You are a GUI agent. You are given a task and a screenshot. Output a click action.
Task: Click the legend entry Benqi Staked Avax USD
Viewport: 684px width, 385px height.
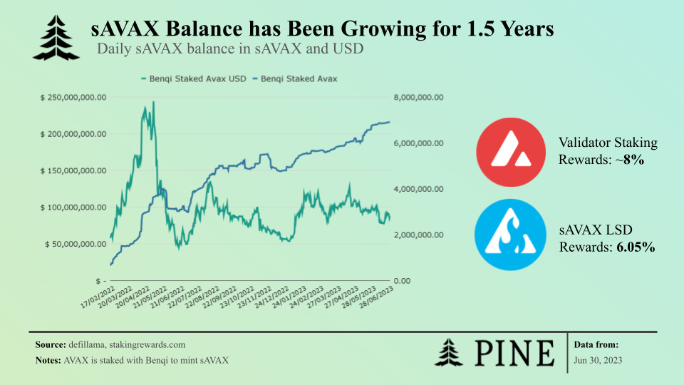coord(194,79)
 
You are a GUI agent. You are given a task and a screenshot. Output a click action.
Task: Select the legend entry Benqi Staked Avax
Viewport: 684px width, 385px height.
coord(295,79)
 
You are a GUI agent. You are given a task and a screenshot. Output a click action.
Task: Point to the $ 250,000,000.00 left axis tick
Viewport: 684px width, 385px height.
coord(73,98)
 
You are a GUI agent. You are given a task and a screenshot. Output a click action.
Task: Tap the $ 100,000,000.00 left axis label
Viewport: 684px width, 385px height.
coord(73,207)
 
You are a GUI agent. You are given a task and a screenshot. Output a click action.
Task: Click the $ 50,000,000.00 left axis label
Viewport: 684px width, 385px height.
coord(76,244)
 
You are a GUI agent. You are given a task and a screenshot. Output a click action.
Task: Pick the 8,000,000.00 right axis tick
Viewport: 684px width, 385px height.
coord(419,98)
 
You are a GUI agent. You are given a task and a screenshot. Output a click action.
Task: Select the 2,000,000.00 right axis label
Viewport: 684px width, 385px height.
coord(419,235)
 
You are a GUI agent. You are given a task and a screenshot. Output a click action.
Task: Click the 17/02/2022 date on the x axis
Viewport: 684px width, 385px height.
coord(98,297)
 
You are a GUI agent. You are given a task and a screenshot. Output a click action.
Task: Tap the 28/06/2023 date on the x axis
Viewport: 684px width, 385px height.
coord(376,297)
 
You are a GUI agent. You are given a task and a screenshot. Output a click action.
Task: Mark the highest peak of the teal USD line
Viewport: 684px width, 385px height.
coord(153,102)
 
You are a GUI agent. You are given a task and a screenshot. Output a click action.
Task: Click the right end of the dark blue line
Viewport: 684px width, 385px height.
coord(390,122)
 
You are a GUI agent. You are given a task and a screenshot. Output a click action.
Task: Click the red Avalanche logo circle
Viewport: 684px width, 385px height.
coord(511,153)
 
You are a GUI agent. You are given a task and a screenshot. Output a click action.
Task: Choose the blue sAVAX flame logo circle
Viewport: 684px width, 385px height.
coord(510,235)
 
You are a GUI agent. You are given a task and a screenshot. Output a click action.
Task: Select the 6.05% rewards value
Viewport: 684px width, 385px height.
coord(636,247)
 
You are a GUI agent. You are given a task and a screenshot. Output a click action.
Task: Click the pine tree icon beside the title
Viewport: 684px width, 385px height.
coord(56,38)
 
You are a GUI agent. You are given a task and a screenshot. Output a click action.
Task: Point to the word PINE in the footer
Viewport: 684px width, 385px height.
coord(514,353)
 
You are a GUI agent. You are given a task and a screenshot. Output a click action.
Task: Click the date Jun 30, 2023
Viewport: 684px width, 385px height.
coord(598,361)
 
